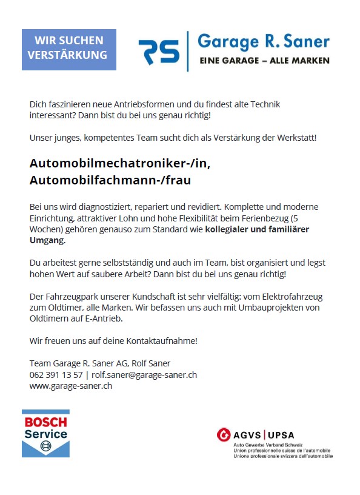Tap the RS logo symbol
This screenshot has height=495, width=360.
pos(159,52)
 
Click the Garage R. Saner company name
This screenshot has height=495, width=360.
pos(264,42)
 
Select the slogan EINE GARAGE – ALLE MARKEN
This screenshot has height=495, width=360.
pos(265,61)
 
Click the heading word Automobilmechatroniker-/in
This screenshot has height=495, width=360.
pos(120,164)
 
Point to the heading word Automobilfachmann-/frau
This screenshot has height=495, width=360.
pos(110,180)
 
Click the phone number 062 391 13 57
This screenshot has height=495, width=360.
pos(56,375)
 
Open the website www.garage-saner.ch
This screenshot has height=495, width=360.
pos(70,386)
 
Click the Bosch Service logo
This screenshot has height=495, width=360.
pos(45,434)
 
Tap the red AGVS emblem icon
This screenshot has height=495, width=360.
pos(224,434)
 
